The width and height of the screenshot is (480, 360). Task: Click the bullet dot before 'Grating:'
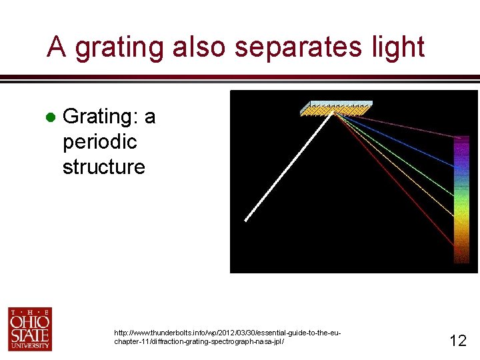pyautogui.click(x=49, y=117)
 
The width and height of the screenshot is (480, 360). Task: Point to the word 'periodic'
pyautogui.click(x=99, y=142)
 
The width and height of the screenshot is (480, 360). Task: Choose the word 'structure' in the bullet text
pyautogui.click(x=103, y=167)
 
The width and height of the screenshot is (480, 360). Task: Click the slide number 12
pyautogui.click(x=457, y=341)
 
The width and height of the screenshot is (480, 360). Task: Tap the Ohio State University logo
pyautogui.click(x=30, y=329)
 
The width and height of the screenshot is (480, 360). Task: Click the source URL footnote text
pyautogui.click(x=227, y=337)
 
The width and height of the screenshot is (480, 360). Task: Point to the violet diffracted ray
pyautogui.click(x=400, y=127)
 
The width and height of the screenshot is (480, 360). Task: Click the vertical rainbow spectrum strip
pyautogui.click(x=461, y=200)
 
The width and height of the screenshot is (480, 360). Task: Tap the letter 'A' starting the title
pyautogui.click(x=57, y=47)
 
